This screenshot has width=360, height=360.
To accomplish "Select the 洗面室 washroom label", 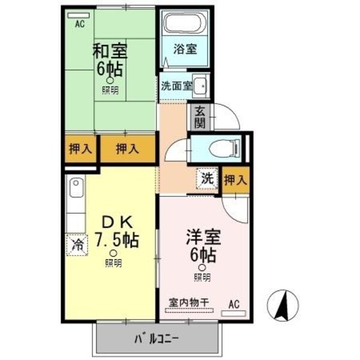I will pyautogui.click(x=176, y=86).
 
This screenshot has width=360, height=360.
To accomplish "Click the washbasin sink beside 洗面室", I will pyautogui.click(x=202, y=86).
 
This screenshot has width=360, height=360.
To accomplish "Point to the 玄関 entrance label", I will pyautogui.click(x=199, y=118).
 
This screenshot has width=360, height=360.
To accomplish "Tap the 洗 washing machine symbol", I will pyautogui.click(x=206, y=178).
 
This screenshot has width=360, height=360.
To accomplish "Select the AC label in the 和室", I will pyautogui.click(x=79, y=24).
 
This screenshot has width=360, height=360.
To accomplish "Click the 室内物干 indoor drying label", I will pyautogui.click(x=188, y=303).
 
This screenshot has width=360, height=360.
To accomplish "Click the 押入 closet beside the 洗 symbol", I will pyautogui.click(x=234, y=179).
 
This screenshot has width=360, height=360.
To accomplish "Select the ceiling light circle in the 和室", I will pyautogui.click(x=110, y=81).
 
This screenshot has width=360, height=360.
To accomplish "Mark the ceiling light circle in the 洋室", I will pyautogui.click(x=202, y=268).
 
